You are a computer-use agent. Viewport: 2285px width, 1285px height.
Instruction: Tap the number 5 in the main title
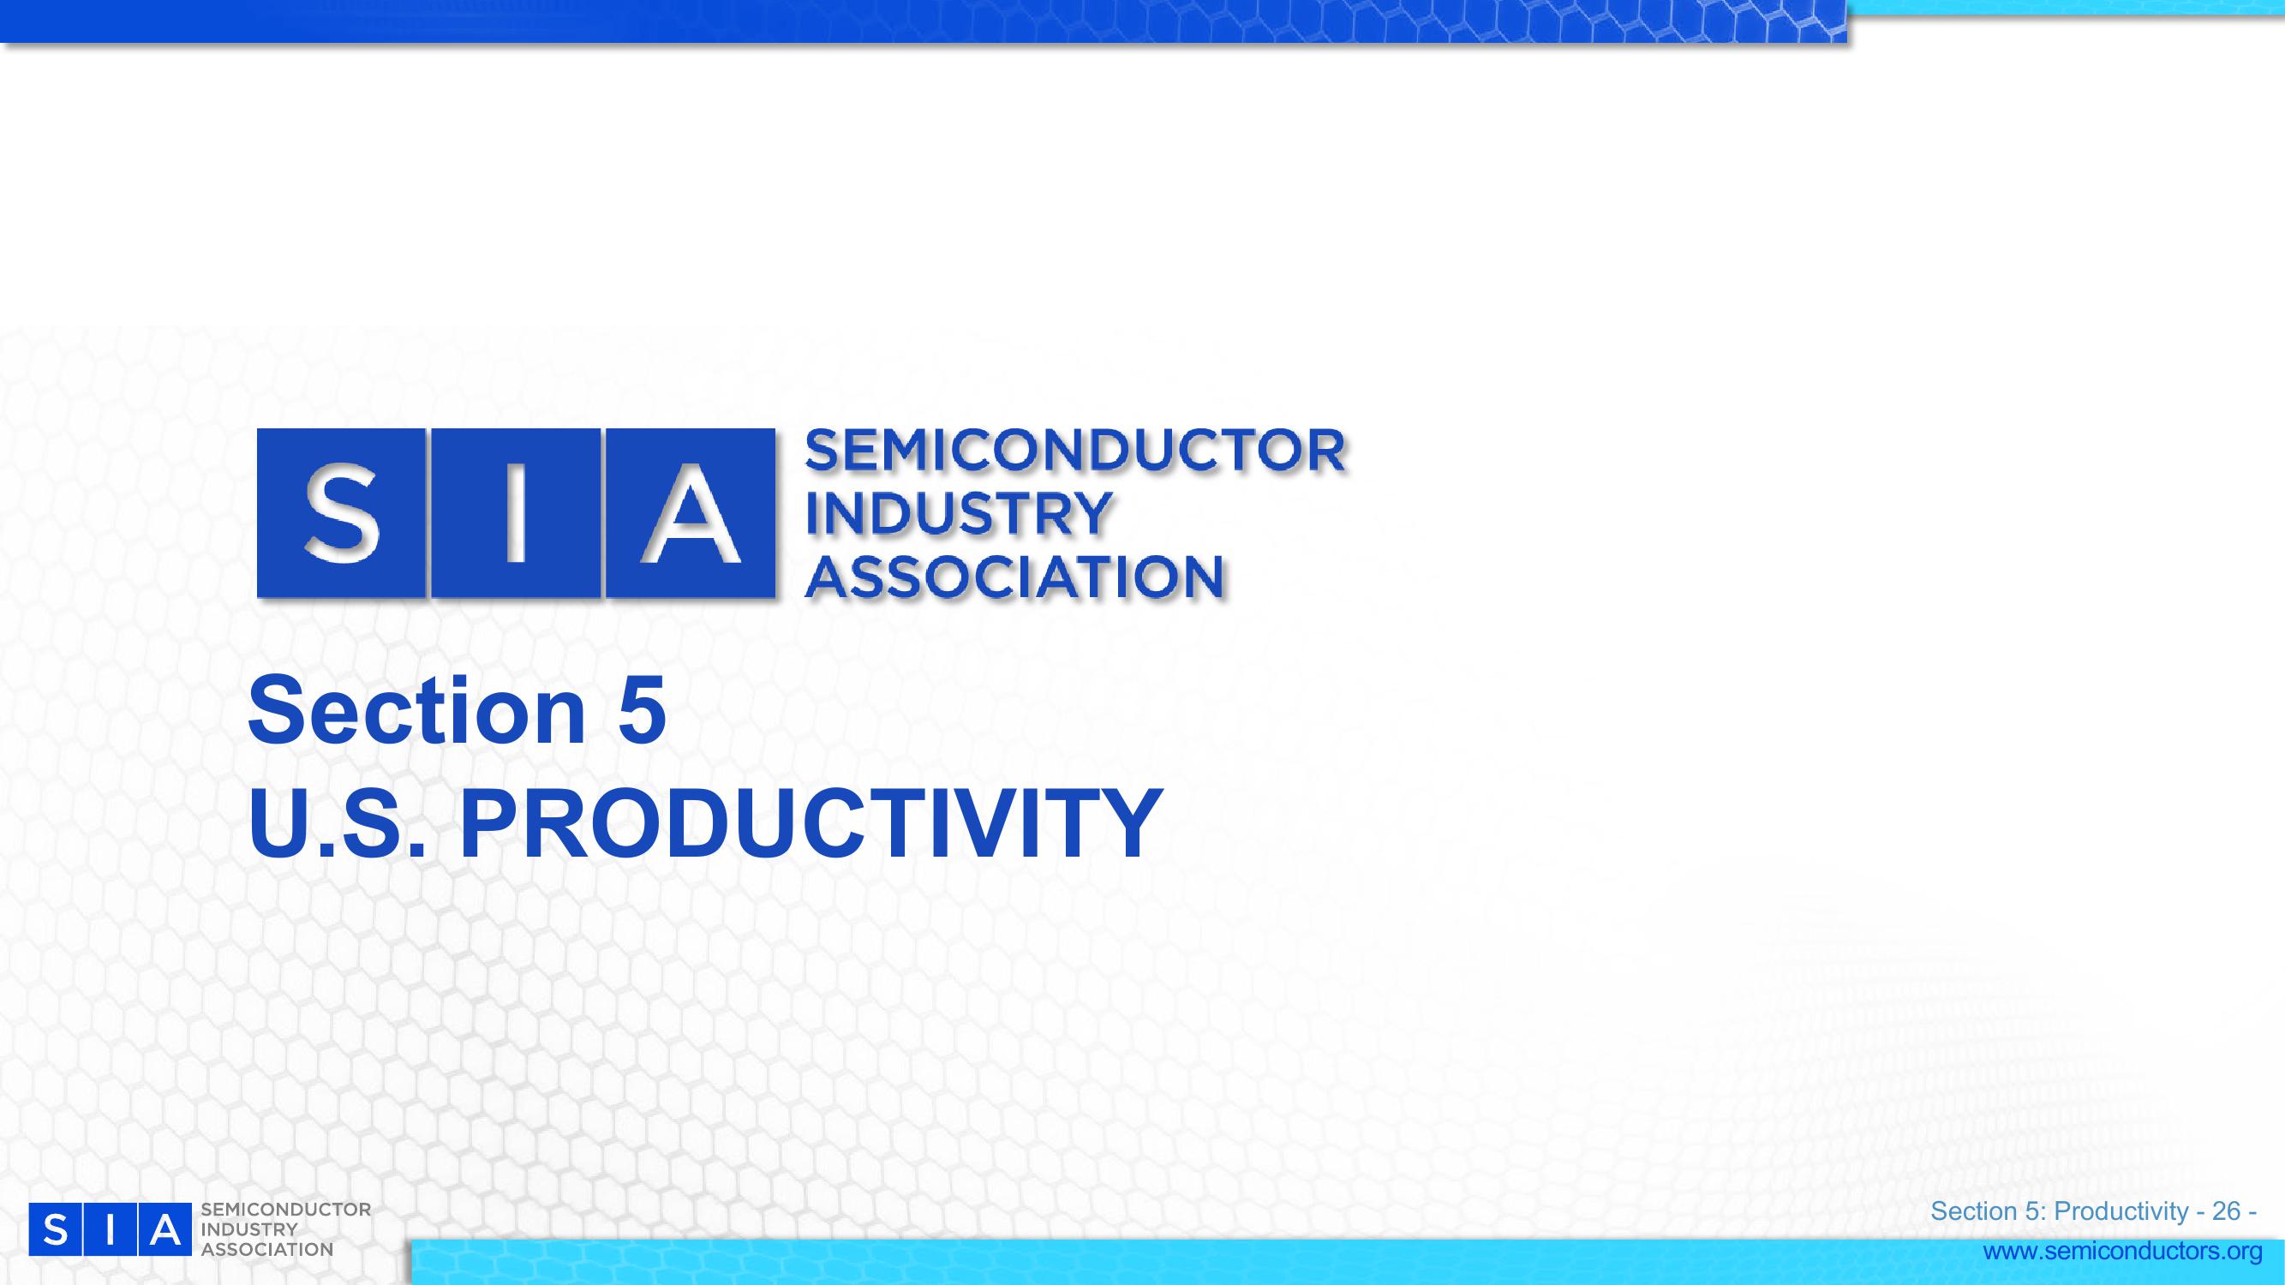(642, 711)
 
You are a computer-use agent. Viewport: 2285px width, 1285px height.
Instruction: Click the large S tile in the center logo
(342, 512)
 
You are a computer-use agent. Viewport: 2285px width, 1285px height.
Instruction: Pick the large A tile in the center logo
(690, 512)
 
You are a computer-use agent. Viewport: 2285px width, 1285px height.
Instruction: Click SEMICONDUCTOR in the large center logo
(1074, 451)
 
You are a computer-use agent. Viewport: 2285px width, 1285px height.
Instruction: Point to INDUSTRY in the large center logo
(957, 513)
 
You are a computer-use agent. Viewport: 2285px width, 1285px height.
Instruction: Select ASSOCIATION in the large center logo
(1014, 577)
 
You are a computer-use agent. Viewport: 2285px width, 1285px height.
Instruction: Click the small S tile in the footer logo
(55, 1229)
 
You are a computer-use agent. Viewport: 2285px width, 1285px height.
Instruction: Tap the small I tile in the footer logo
(109, 1229)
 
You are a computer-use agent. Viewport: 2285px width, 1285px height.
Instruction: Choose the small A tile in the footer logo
(164, 1229)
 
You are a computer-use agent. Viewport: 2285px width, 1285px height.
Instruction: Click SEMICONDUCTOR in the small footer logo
(286, 1210)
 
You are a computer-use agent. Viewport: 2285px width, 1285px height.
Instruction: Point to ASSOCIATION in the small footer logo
(267, 1250)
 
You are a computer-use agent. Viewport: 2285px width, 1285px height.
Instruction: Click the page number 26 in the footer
(2227, 1211)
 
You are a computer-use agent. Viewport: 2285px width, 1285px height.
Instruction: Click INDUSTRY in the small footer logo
(249, 1230)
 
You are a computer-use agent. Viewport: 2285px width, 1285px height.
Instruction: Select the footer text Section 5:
(1989, 1211)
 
